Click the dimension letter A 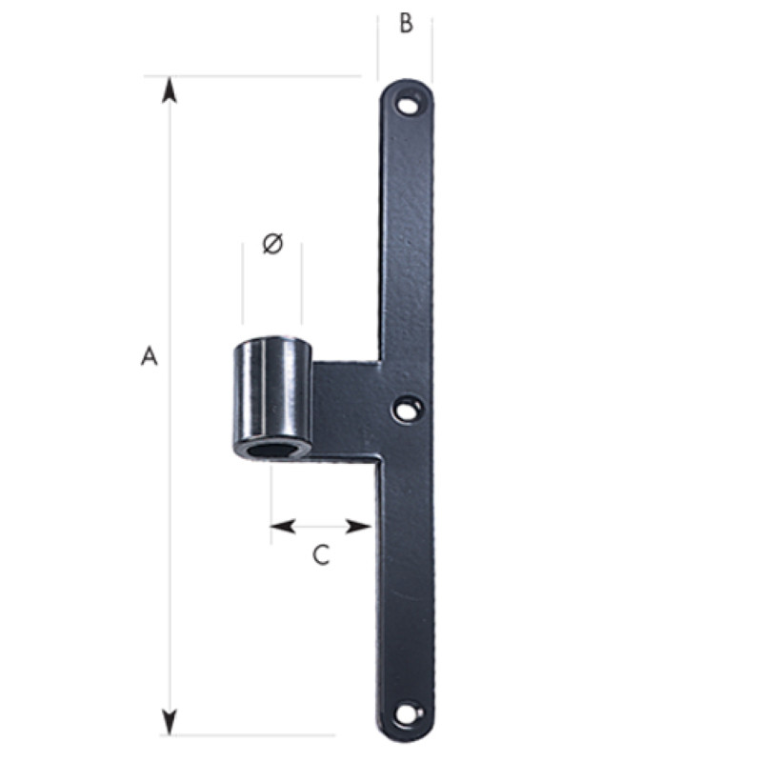click(150, 355)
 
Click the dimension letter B click(407, 23)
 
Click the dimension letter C click(321, 555)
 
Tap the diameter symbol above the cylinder click(272, 244)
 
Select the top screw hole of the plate click(408, 105)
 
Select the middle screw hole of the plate click(408, 410)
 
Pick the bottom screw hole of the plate click(407, 713)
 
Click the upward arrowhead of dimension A click(170, 90)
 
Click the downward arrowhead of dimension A click(170, 722)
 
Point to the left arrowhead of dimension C click(283, 527)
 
